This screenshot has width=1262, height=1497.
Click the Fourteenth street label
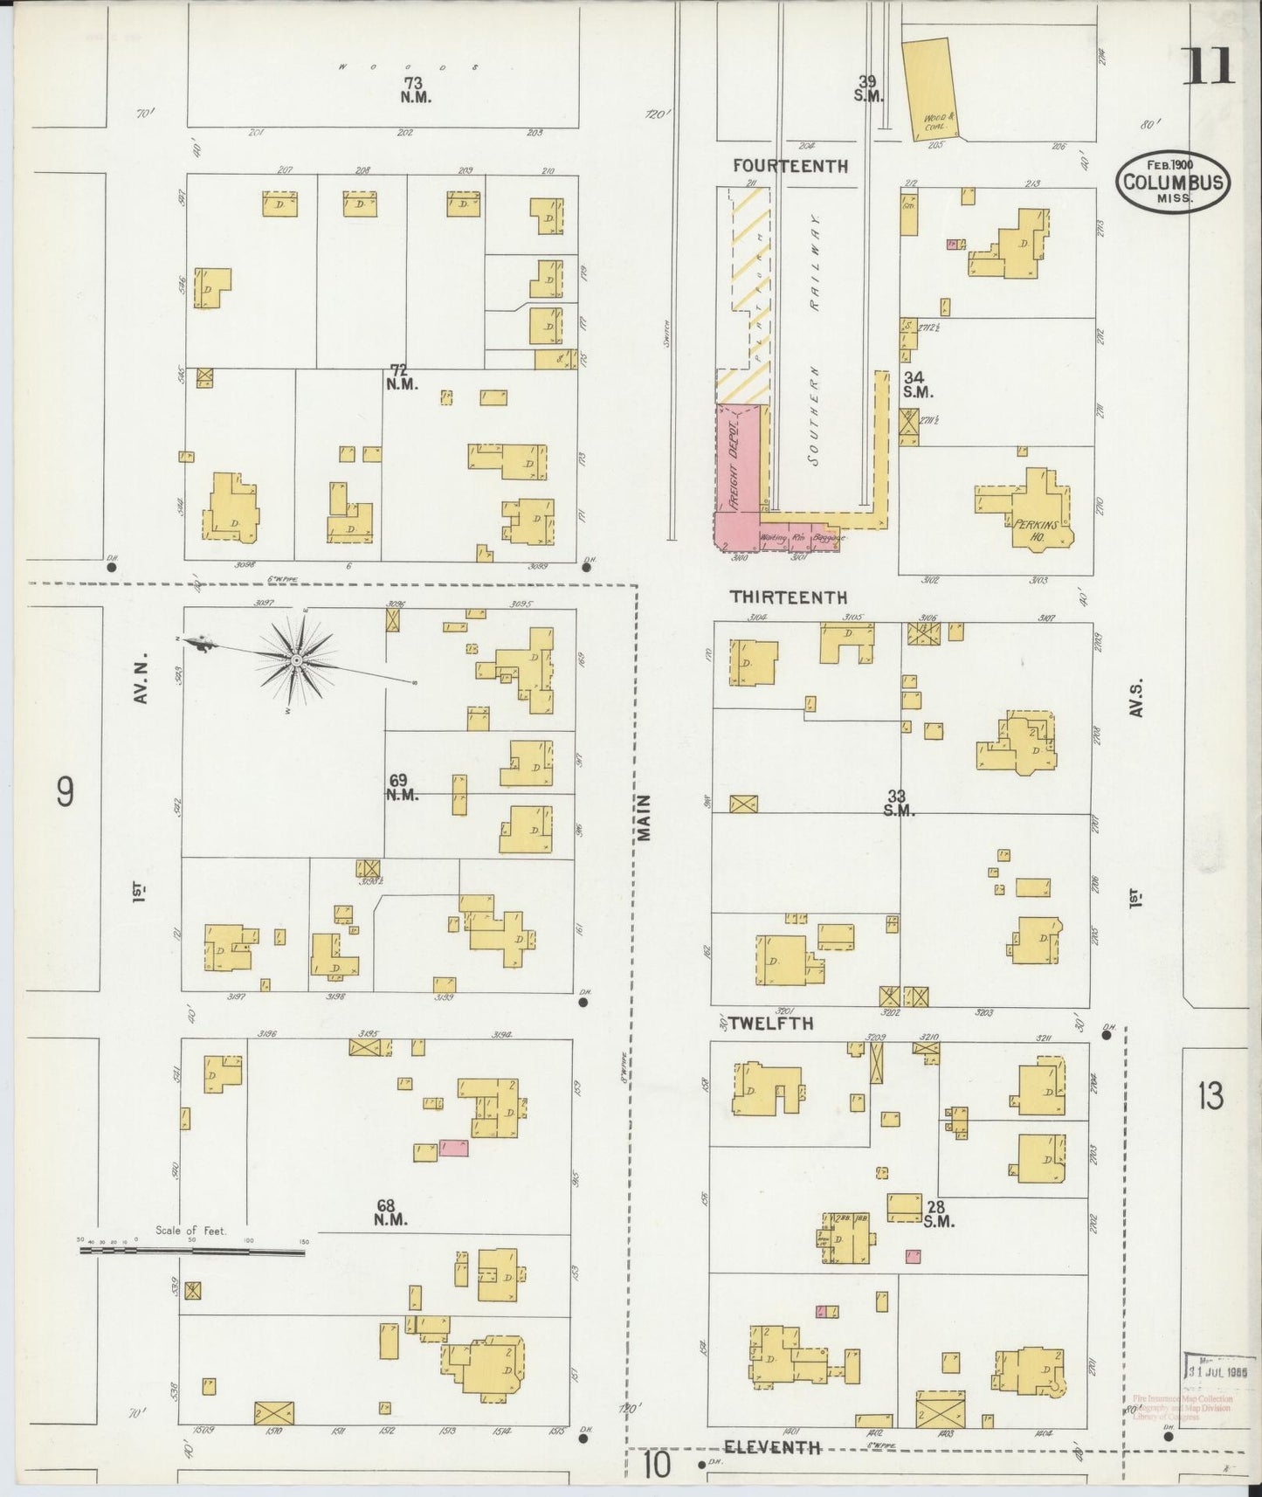(790, 166)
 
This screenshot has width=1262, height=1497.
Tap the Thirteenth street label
(789, 597)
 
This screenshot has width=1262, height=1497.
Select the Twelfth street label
(771, 1023)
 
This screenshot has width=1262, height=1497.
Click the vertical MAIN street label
(645, 817)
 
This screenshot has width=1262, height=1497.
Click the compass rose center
(296, 659)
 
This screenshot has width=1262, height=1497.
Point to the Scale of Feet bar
(192, 1252)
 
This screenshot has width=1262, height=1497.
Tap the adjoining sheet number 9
(66, 792)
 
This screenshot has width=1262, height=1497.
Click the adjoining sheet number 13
(1210, 1095)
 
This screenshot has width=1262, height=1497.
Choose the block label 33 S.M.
(898, 803)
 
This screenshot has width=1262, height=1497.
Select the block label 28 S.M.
(936, 1214)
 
